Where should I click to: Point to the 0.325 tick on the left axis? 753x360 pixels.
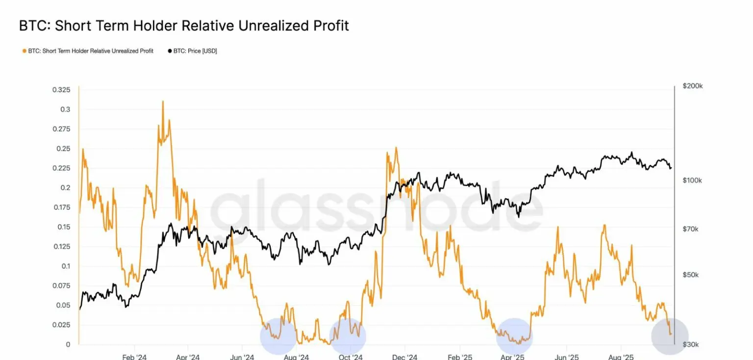[x=61, y=90]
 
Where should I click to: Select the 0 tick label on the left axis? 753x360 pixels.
[x=68, y=344]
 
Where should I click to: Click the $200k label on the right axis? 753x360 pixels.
[x=693, y=86]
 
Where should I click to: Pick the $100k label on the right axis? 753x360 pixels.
[x=693, y=180]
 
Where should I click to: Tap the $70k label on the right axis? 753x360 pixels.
[x=691, y=229]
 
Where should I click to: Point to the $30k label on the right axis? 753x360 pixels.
[x=691, y=344]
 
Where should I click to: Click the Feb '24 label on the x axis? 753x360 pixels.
[x=134, y=357]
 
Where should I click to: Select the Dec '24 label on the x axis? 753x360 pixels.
[x=405, y=357]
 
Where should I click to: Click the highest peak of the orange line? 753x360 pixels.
[x=163, y=102]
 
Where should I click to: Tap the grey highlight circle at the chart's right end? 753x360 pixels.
[x=670, y=336]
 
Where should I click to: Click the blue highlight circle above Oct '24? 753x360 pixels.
[x=348, y=336]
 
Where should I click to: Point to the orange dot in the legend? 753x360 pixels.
[x=25, y=51]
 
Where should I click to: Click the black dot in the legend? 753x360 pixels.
[x=170, y=51]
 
